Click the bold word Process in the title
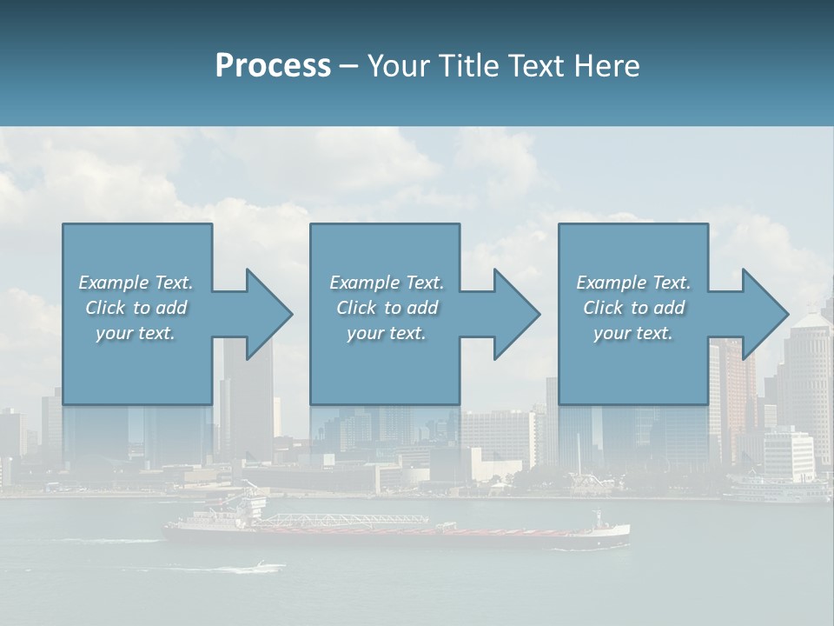(x=273, y=66)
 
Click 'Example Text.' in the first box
(x=136, y=283)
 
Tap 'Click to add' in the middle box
(x=387, y=308)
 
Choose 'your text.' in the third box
(x=632, y=333)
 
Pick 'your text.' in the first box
(x=136, y=333)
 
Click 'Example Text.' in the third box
(x=632, y=283)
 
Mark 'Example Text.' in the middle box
(x=387, y=283)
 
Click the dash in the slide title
(x=348, y=66)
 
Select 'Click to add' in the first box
(x=136, y=308)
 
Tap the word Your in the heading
(x=398, y=66)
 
